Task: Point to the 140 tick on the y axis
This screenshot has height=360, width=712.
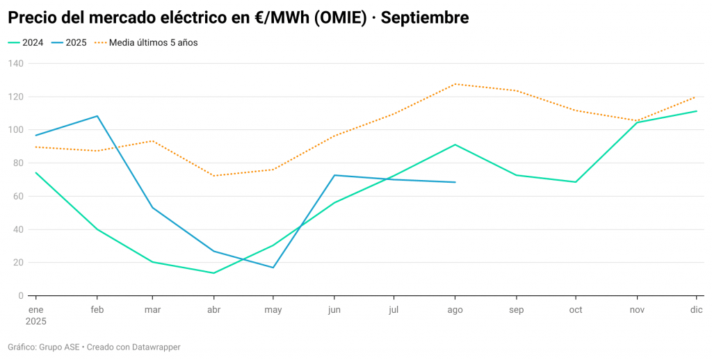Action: pyautogui.click(x=16, y=63)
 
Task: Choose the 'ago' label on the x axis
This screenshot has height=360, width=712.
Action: pyautogui.click(x=455, y=309)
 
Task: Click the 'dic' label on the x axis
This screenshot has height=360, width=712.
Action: pyautogui.click(x=696, y=309)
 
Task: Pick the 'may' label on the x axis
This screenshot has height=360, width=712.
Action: pyautogui.click(x=273, y=309)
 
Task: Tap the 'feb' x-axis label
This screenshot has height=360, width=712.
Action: pyautogui.click(x=97, y=309)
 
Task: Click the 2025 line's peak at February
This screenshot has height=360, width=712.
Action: pyautogui.click(x=97, y=116)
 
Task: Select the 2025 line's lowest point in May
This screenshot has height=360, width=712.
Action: pyautogui.click(x=273, y=268)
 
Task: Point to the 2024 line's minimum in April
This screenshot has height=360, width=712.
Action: pyautogui.click(x=213, y=273)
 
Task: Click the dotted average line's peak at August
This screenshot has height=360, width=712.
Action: pyautogui.click(x=455, y=84)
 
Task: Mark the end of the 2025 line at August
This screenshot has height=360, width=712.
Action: pyautogui.click(x=455, y=182)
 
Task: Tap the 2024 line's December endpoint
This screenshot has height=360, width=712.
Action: pyautogui.click(x=696, y=111)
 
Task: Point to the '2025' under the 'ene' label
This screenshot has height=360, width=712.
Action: pyautogui.click(x=36, y=322)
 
